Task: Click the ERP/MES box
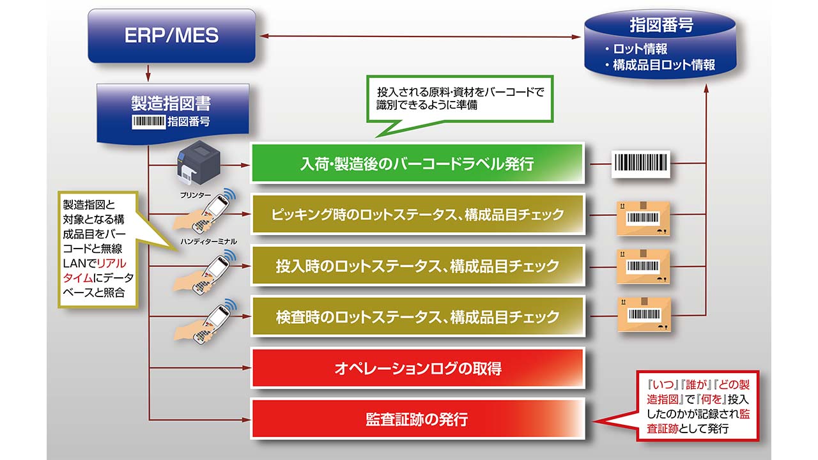[x=172, y=36]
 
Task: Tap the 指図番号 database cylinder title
[x=661, y=26]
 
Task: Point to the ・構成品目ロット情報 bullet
[x=660, y=65]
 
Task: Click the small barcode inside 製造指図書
[x=149, y=121]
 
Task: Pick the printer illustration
[x=198, y=163]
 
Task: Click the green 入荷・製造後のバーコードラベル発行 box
[x=417, y=163]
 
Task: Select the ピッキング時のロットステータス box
[x=417, y=214]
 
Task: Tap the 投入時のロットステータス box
[x=417, y=265]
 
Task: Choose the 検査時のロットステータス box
[x=417, y=316]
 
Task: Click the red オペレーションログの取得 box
[x=417, y=368]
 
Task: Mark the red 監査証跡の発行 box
[x=417, y=419]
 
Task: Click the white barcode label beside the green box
[x=641, y=164]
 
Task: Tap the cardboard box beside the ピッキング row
[x=644, y=218]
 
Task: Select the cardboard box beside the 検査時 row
[x=644, y=314]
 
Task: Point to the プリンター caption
[x=196, y=195]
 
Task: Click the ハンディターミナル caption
[x=208, y=241]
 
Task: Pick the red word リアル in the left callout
[x=112, y=263]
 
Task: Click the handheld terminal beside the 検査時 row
[x=206, y=322]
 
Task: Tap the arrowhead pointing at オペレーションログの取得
[x=247, y=368]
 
